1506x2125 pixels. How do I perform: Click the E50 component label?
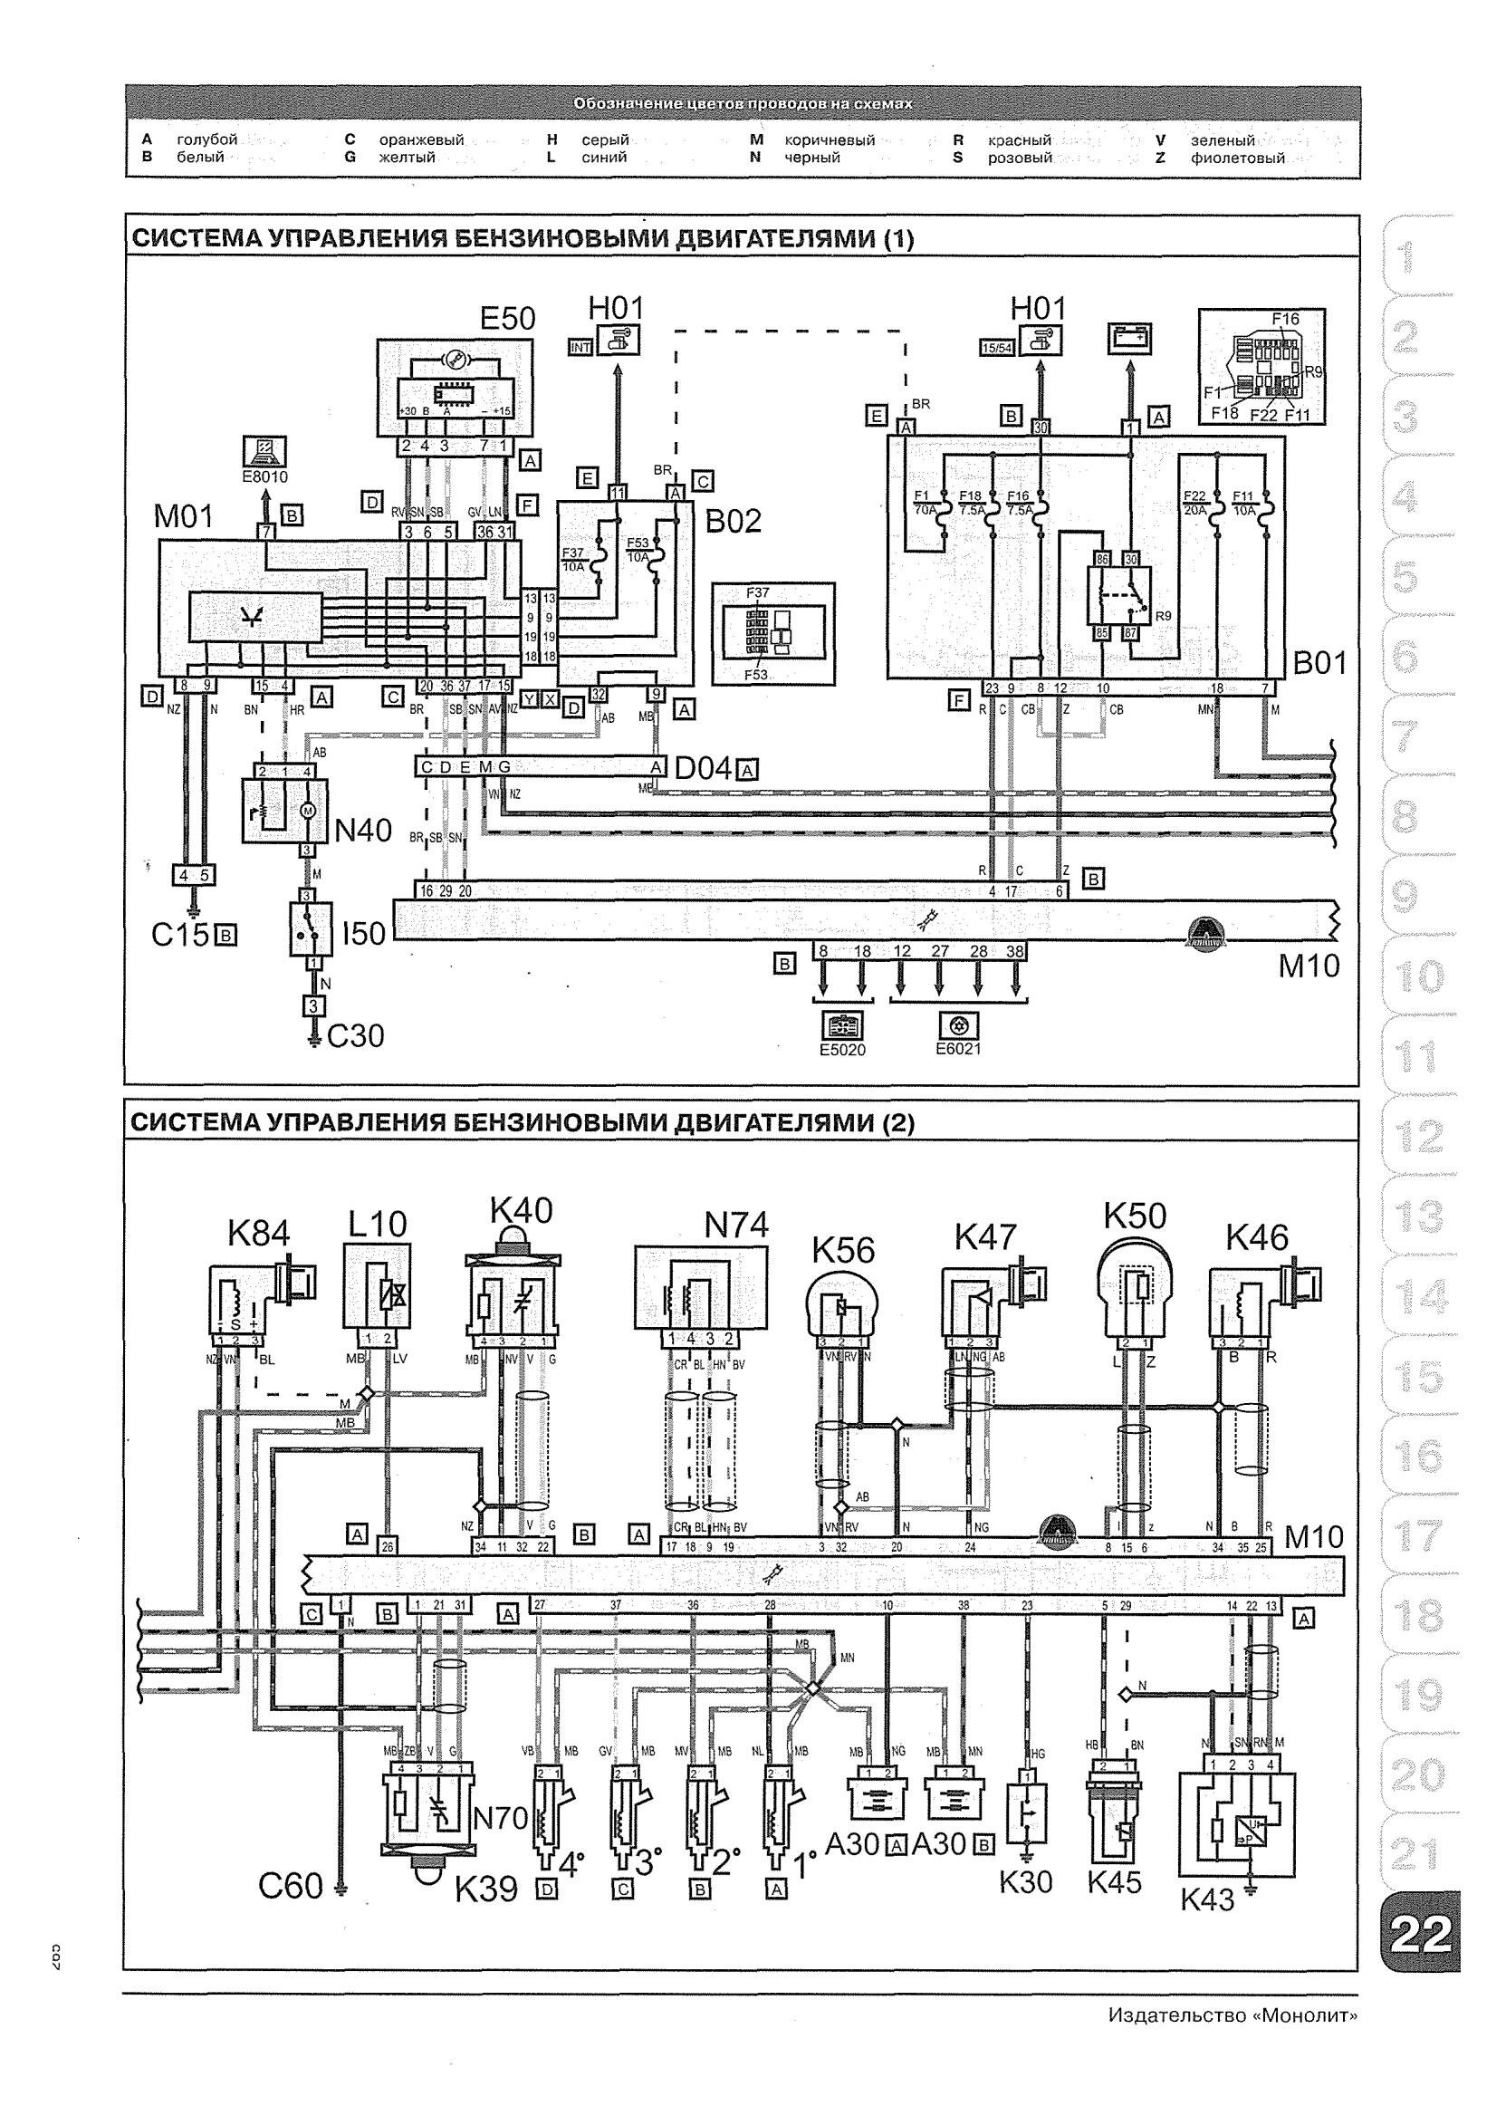pos(507,318)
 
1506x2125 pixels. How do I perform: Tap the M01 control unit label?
pos(184,515)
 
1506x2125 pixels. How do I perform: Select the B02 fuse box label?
pos(733,521)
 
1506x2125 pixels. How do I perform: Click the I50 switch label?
pos(363,933)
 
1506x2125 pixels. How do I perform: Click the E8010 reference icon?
pos(264,452)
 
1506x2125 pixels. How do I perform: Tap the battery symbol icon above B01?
pos(1129,339)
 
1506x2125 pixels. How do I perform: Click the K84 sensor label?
pos(259,1233)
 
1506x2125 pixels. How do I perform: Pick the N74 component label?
pos(736,1226)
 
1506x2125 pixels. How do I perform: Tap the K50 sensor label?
pos(1134,1215)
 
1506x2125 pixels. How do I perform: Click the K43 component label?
pos(1207,1899)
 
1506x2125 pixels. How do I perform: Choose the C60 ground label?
pos(291,1886)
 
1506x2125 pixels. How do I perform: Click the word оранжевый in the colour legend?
pos(421,140)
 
